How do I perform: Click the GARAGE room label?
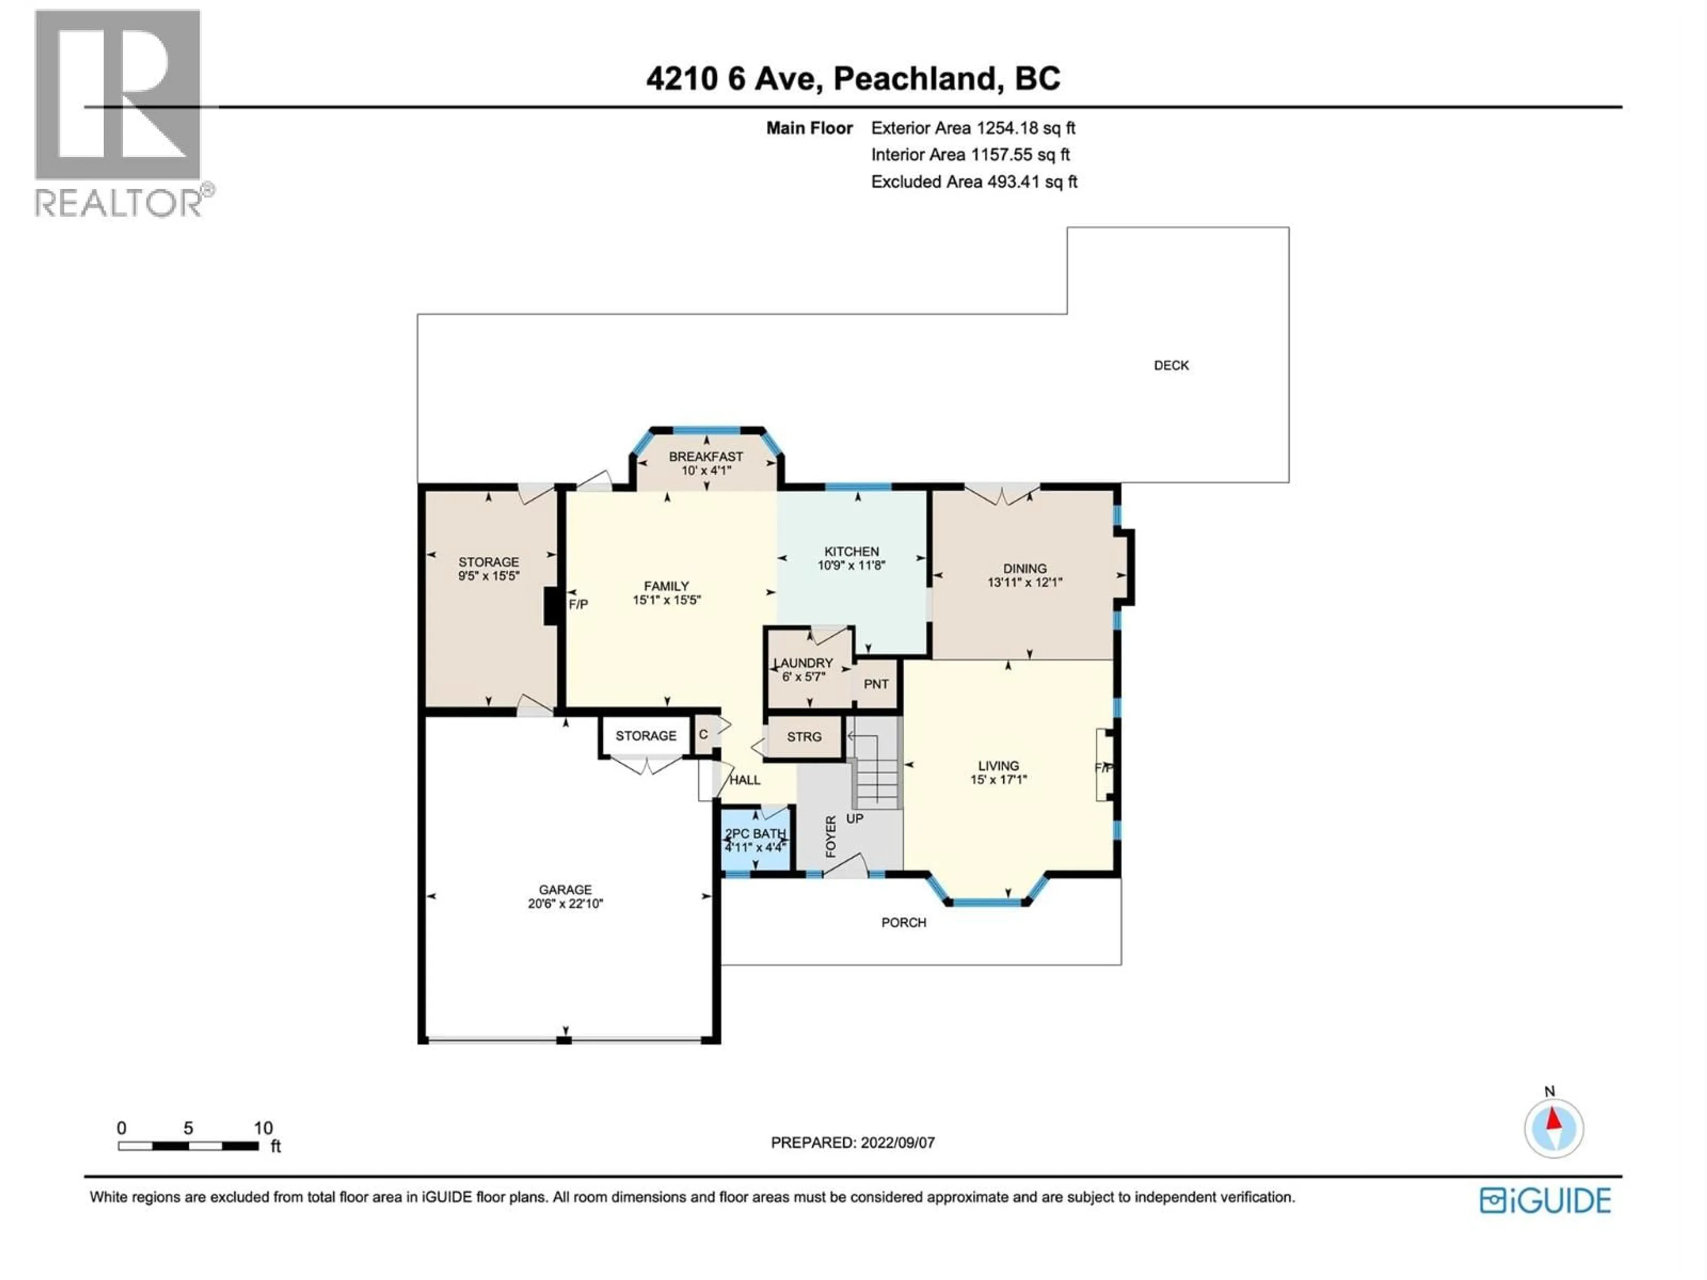coord(565,890)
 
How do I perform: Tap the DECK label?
coord(1170,366)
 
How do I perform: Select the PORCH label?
coord(904,923)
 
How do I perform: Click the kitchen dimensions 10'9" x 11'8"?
coord(851,565)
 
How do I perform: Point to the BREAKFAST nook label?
coord(705,457)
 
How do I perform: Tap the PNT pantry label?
coord(876,684)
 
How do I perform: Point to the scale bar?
coord(188,1147)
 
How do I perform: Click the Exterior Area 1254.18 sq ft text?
coord(972,128)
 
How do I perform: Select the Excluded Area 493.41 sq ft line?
coord(974,182)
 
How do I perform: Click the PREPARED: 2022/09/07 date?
coord(853,1143)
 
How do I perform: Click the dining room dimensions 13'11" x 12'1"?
coord(1025,583)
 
